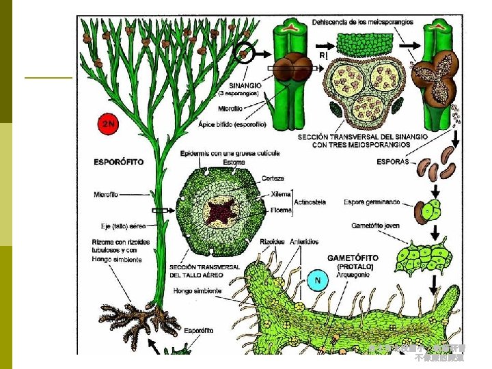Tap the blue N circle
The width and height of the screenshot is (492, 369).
317,280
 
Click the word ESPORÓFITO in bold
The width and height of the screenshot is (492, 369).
118,163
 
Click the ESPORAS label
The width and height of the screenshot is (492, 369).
393,162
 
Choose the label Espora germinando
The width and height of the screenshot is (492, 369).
372,203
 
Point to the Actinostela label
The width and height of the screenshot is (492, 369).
310,202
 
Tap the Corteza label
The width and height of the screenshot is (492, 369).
273,178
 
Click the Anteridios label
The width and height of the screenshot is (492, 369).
303,241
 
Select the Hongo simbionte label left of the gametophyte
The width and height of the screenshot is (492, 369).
197,291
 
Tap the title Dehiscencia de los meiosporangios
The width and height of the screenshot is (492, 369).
362,22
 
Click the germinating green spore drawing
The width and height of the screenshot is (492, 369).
431,210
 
